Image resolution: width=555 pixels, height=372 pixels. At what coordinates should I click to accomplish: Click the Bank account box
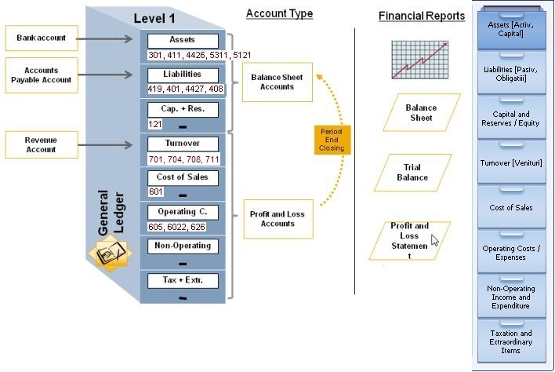coord(42,38)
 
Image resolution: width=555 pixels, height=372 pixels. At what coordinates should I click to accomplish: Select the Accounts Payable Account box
coord(42,75)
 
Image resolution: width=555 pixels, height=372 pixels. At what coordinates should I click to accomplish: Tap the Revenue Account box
coord(42,144)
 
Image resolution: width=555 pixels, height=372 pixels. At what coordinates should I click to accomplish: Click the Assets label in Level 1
coord(182,39)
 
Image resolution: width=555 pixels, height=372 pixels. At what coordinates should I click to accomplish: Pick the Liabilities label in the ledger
coord(182,74)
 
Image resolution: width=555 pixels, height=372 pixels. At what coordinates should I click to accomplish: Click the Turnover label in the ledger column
coord(182,144)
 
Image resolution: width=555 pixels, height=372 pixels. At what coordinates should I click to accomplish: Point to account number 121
coord(156,125)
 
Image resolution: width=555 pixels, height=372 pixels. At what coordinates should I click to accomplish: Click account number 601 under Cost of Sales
coord(156,192)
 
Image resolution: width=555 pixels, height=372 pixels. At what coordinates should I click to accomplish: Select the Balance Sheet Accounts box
coord(273,82)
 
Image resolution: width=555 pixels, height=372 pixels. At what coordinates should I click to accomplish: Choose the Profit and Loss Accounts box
coord(273,219)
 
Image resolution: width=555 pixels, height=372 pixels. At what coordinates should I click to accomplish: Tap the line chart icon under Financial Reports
coord(420,60)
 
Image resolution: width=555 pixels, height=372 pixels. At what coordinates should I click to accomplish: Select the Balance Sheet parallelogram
coord(421,112)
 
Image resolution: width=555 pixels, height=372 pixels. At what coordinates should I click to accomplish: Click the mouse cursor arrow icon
coord(435,240)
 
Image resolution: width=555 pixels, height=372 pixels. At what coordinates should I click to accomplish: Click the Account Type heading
coord(279,13)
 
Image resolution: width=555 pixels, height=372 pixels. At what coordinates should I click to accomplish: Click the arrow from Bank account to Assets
coord(110,38)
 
